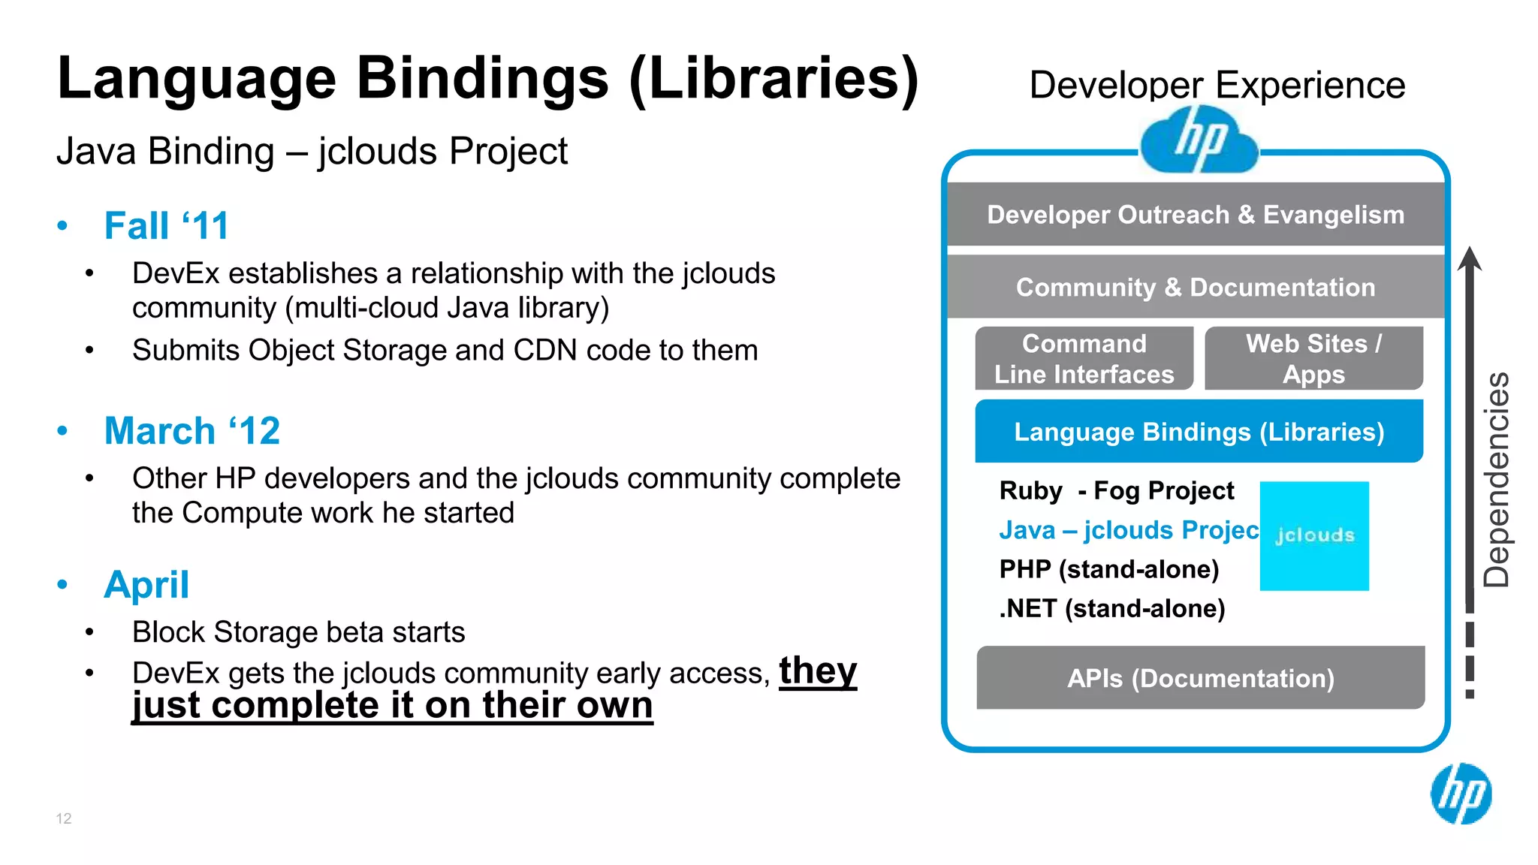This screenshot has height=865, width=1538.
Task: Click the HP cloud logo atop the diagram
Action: [x=1199, y=140]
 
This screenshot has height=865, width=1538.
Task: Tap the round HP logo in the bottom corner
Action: [x=1461, y=794]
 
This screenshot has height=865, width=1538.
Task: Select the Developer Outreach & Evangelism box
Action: [x=1196, y=215]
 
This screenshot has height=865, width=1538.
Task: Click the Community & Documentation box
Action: [x=1196, y=287]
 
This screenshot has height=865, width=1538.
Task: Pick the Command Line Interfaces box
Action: [x=1084, y=359]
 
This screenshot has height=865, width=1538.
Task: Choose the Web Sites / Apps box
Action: [x=1313, y=359]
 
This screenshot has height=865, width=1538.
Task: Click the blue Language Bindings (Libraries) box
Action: [x=1199, y=432]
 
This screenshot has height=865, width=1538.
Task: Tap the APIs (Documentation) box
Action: [x=1200, y=678]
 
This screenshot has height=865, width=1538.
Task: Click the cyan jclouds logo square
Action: [x=1314, y=535]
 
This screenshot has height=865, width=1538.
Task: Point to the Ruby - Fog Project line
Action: [x=1116, y=491]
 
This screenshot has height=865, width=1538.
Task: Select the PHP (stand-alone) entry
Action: [x=1108, y=569]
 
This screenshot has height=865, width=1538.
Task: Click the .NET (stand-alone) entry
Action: [x=1111, y=608]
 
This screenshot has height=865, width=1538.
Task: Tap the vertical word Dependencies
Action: [x=1496, y=481]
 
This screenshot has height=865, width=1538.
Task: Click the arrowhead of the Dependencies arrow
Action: [x=1470, y=259]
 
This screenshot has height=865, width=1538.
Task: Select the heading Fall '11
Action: [x=166, y=226]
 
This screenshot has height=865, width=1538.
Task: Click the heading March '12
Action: [x=191, y=431]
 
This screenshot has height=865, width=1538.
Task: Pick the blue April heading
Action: [x=146, y=585]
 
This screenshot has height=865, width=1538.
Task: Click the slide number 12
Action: [x=64, y=818]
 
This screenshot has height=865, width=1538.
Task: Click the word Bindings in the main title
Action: [x=481, y=79]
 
